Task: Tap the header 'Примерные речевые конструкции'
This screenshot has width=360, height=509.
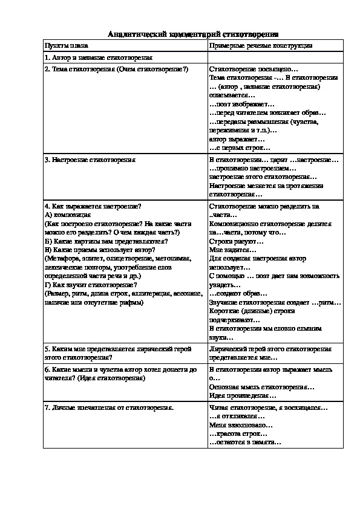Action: tap(260, 46)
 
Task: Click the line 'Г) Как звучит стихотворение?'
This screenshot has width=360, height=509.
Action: tap(91, 284)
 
